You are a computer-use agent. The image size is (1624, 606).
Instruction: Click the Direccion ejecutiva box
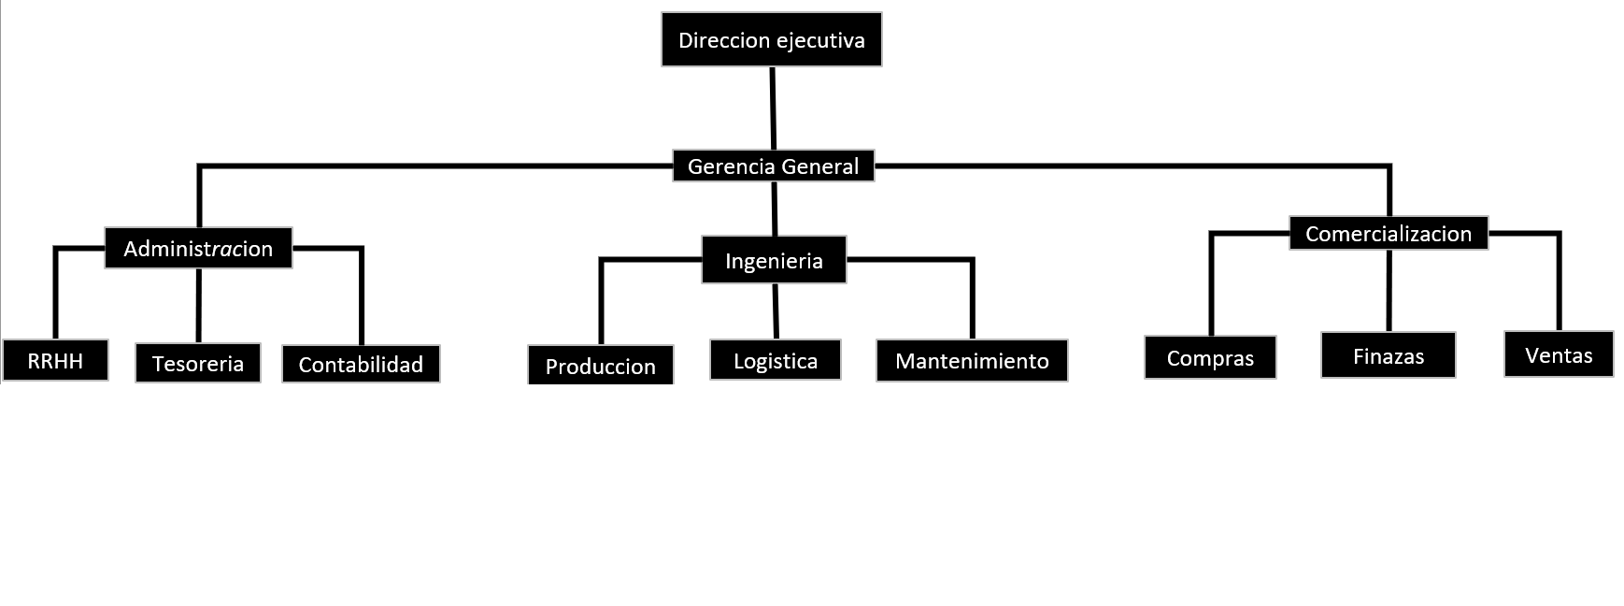coord(771,39)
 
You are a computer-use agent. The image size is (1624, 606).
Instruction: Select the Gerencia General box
coord(773,166)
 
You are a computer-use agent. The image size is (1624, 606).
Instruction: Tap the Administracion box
coord(198,248)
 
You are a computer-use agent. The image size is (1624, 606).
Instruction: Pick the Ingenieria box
coord(774,260)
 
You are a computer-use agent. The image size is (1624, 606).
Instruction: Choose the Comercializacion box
coord(1388,233)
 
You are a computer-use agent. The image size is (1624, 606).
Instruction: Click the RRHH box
coord(55,360)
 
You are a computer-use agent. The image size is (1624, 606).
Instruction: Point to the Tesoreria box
coord(197,363)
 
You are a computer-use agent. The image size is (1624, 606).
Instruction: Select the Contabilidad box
coord(361,364)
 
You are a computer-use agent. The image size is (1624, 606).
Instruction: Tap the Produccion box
coord(600,365)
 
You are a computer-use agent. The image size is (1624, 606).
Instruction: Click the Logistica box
coord(775,360)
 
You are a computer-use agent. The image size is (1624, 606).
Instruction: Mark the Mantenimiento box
coord(971,360)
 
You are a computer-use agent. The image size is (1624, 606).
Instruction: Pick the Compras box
coord(1209,357)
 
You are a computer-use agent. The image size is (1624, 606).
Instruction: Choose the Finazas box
coord(1388,355)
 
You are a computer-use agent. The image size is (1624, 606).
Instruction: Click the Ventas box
coord(1558,354)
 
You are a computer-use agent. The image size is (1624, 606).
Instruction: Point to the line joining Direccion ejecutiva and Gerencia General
coord(773,108)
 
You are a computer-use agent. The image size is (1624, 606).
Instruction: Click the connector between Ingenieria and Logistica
coord(776,310)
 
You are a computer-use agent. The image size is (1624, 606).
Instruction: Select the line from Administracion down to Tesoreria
coord(198,305)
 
